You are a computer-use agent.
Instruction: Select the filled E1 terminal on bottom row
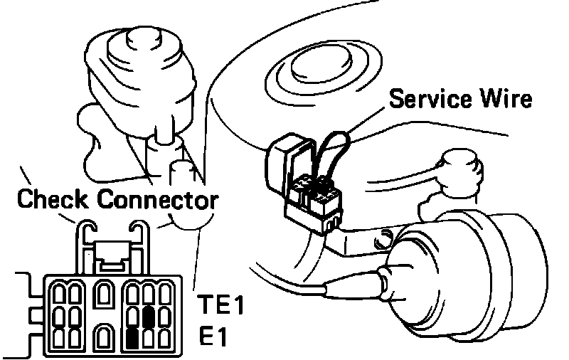coord(132,337)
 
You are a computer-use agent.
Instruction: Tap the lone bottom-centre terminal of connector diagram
coord(104,335)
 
